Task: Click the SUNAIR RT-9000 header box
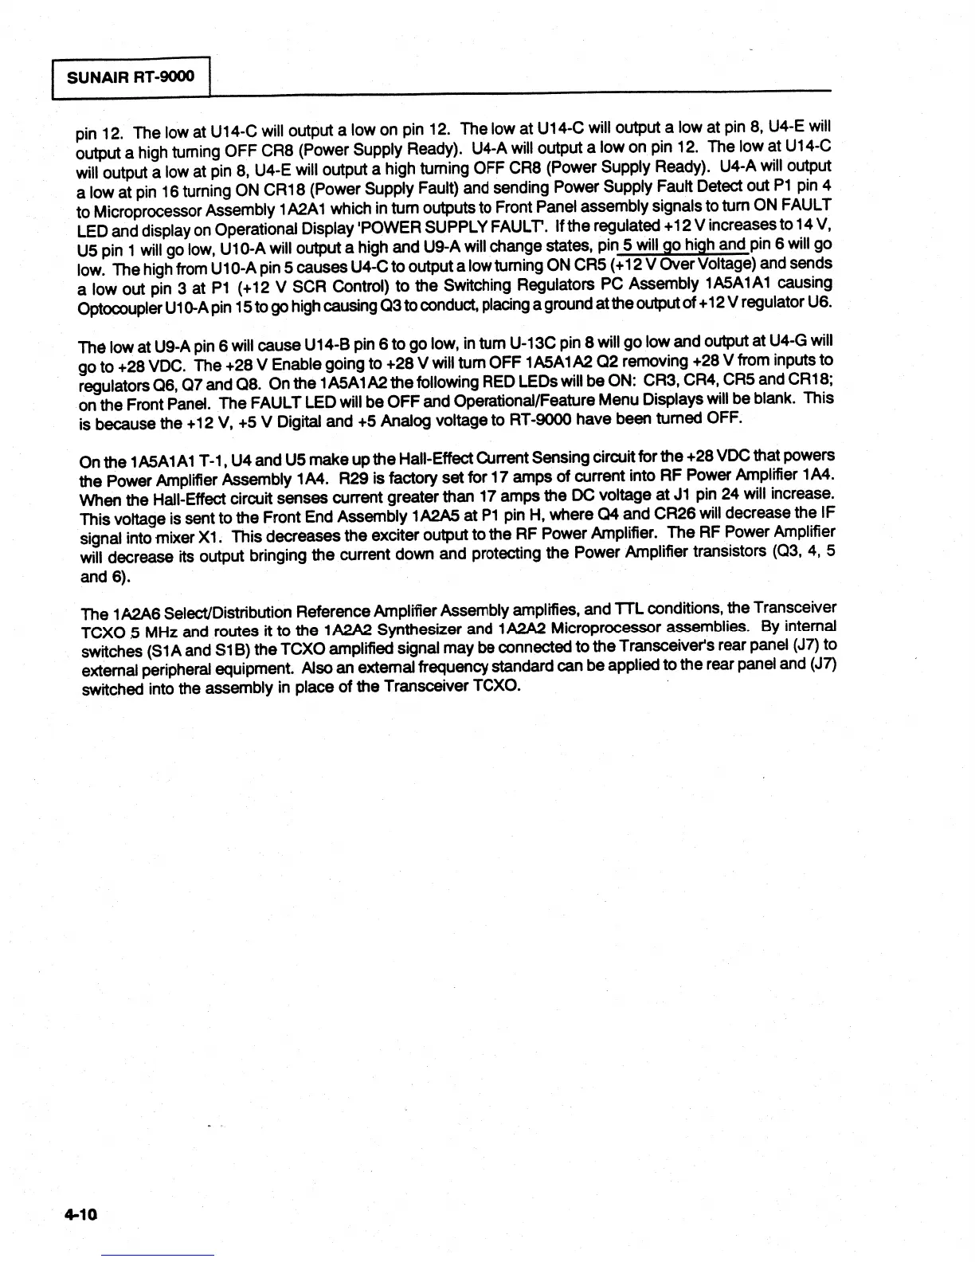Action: (131, 77)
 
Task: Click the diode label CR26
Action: (702, 512)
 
